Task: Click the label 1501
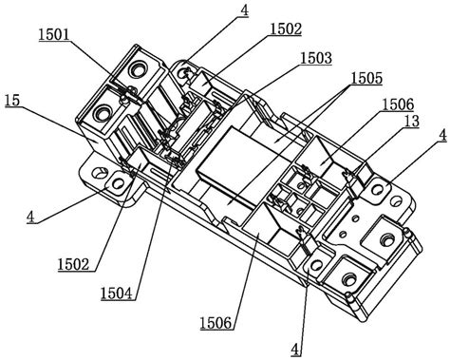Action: coord(54,34)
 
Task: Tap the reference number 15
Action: coord(12,101)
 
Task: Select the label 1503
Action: coord(316,58)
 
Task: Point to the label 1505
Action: coord(366,79)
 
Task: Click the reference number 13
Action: coord(412,122)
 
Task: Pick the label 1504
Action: coord(117,294)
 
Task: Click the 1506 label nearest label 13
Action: coord(398,104)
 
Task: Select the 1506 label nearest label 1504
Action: coord(216,323)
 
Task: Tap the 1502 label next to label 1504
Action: coord(73,264)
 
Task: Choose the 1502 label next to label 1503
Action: coord(286,29)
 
